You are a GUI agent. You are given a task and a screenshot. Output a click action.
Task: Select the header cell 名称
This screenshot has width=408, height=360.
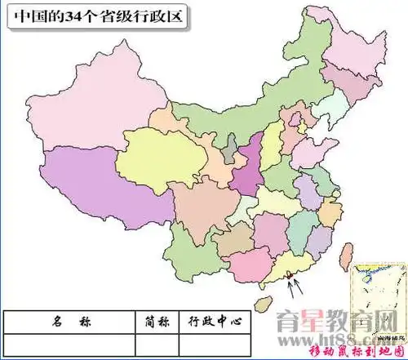[x=68, y=322]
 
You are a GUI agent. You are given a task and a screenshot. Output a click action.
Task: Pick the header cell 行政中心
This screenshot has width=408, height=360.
[x=215, y=322]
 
